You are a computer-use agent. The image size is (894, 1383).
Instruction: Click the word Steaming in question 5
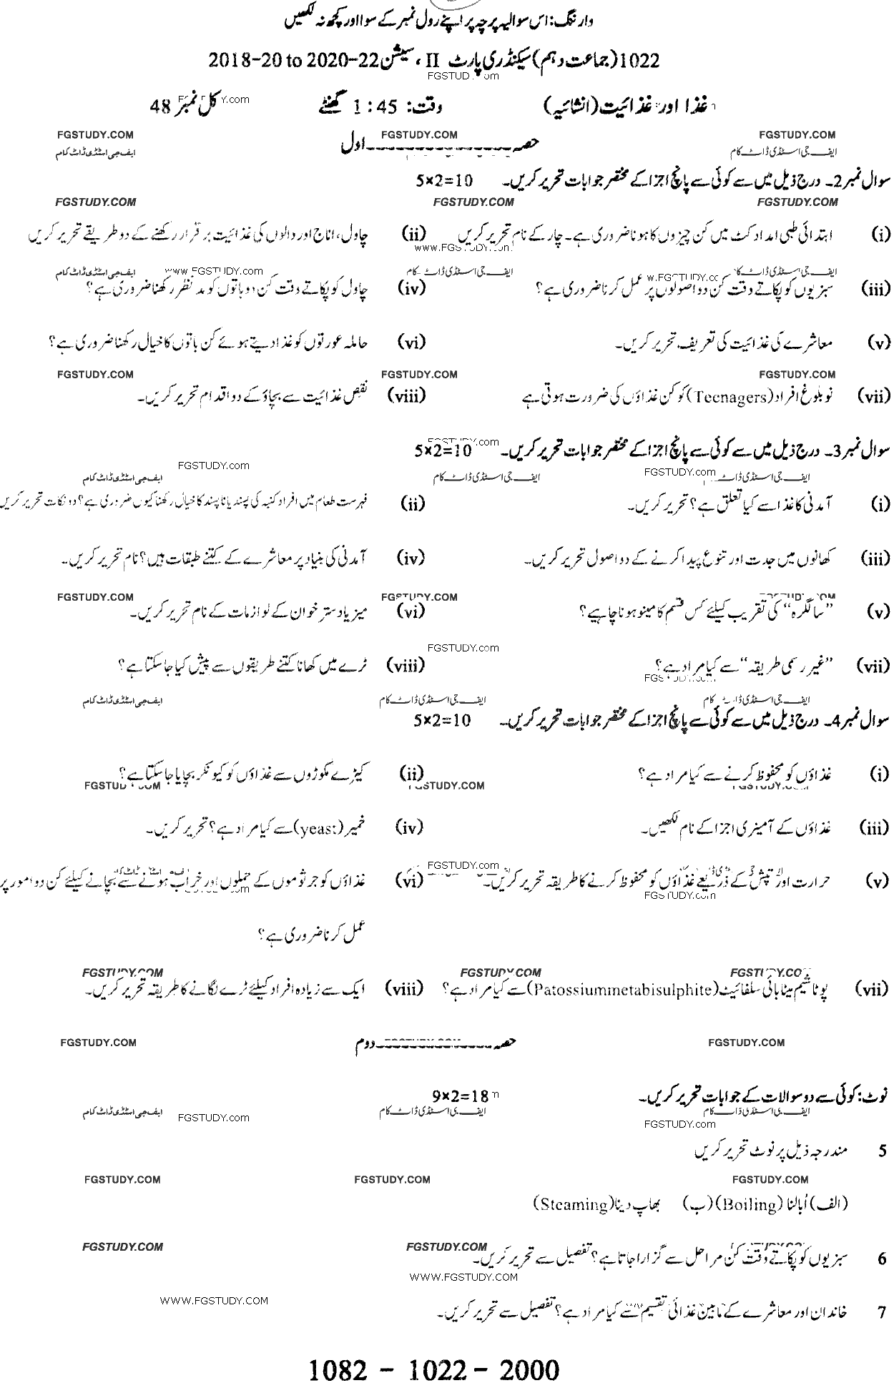tap(570, 1204)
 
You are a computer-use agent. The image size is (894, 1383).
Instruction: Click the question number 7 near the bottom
tap(881, 1313)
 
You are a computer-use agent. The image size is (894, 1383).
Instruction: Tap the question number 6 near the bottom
tap(881, 1258)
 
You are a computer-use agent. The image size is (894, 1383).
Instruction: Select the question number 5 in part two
tap(882, 1151)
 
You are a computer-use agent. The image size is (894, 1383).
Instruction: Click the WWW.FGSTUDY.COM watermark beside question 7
tap(214, 1301)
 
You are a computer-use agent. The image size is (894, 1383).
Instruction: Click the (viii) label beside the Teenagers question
tap(406, 396)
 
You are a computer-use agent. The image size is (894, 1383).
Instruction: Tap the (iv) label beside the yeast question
tap(409, 828)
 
